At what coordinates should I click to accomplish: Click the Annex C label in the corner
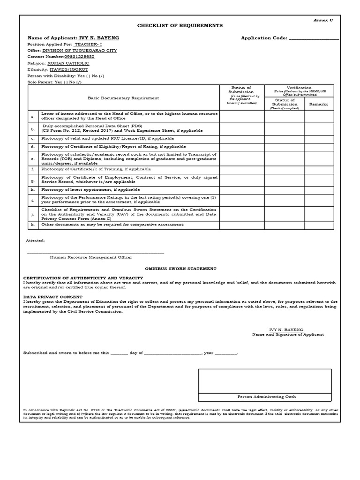[x=323, y=21]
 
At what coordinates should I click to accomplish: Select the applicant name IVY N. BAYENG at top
[x=100, y=37]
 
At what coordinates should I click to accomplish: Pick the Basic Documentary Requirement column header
[x=123, y=98]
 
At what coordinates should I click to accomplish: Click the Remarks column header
[x=319, y=104]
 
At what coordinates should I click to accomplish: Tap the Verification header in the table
[x=299, y=88]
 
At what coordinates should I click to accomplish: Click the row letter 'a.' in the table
[x=33, y=117]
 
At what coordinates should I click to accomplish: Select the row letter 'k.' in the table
[x=33, y=225]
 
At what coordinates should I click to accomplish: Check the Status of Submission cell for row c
[x=242, y=139]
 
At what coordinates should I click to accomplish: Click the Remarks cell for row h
[x=319, y=189]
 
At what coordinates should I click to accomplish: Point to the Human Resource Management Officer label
[x=91, y=257]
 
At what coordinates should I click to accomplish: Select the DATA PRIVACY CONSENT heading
[x=53, y=297]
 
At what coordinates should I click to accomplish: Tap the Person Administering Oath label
[x=266, y=397]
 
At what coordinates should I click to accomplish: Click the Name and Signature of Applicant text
[x=288, y=335]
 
